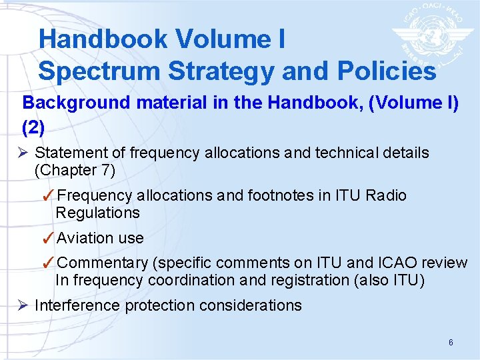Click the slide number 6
451,343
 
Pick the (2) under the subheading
33,126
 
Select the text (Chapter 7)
75,170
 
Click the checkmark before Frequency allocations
48,196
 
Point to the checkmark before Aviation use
48,238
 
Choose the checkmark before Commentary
48,263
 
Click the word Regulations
98,213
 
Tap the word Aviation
85,238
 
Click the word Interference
77,306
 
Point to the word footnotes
280,196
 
